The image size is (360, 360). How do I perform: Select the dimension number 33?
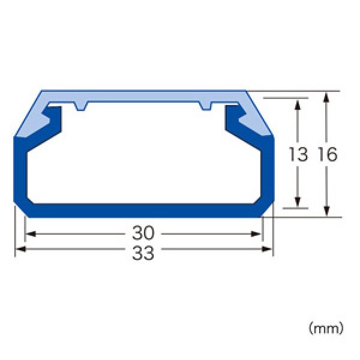tap(143, 253)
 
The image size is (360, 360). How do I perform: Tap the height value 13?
tap(297, 154)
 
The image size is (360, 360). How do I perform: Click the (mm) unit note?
tap(326, 328)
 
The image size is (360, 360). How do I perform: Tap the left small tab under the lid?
tap(82, 107)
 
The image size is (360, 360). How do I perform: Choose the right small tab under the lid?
tap(206, 107)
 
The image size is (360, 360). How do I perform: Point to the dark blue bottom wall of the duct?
tap(143, 211)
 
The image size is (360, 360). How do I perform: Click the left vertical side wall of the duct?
tap(19, 171)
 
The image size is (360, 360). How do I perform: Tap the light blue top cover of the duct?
tap(143, 97)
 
